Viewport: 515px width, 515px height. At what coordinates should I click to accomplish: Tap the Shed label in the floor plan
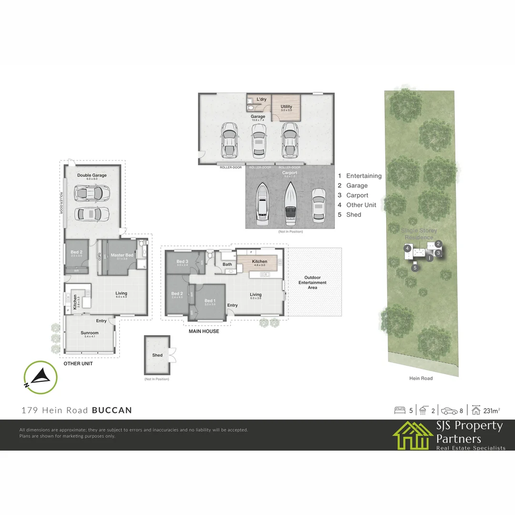[x=157, y=355]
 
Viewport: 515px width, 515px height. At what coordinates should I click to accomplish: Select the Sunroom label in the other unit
[x=90, y=333]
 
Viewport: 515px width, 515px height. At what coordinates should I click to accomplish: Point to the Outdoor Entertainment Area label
[x=313, y=282]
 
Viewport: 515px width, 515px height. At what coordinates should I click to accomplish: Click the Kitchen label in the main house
[x=260, y=261]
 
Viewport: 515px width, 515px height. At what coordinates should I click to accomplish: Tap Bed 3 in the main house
[x=183, y=261]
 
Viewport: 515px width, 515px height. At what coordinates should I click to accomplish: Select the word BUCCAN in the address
[x=112, y=410]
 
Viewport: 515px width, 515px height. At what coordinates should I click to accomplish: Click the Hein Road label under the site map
[x=421, y=378]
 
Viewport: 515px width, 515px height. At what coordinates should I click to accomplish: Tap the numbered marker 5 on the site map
[x=415, y=268]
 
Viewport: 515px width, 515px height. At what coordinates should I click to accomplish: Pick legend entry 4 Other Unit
[x=357, y=205]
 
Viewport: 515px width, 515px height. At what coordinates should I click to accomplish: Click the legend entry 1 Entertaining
[x=360, y=176]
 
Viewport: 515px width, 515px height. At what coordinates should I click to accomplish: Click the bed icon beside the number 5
[x=400, y=410]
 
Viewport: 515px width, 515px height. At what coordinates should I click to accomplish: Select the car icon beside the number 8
[x=449, y=410]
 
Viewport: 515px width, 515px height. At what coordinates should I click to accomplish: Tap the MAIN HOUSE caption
[x=204, y=331]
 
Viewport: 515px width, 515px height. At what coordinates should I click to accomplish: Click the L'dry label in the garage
[x=261, y=99]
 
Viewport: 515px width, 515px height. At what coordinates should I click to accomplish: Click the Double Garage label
[x=92, y=175]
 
